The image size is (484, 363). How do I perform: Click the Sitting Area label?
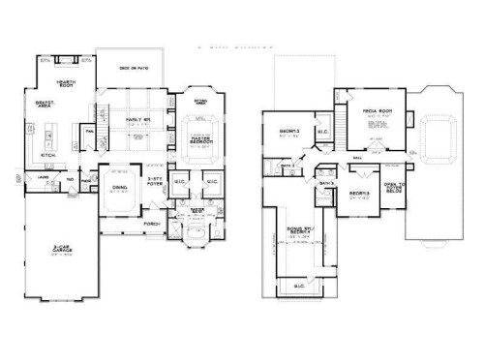201,100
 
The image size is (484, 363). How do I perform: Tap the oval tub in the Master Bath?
196,236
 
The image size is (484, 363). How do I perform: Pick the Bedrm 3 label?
358,192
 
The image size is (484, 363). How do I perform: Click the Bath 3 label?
329,182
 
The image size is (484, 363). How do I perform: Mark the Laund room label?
44,179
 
